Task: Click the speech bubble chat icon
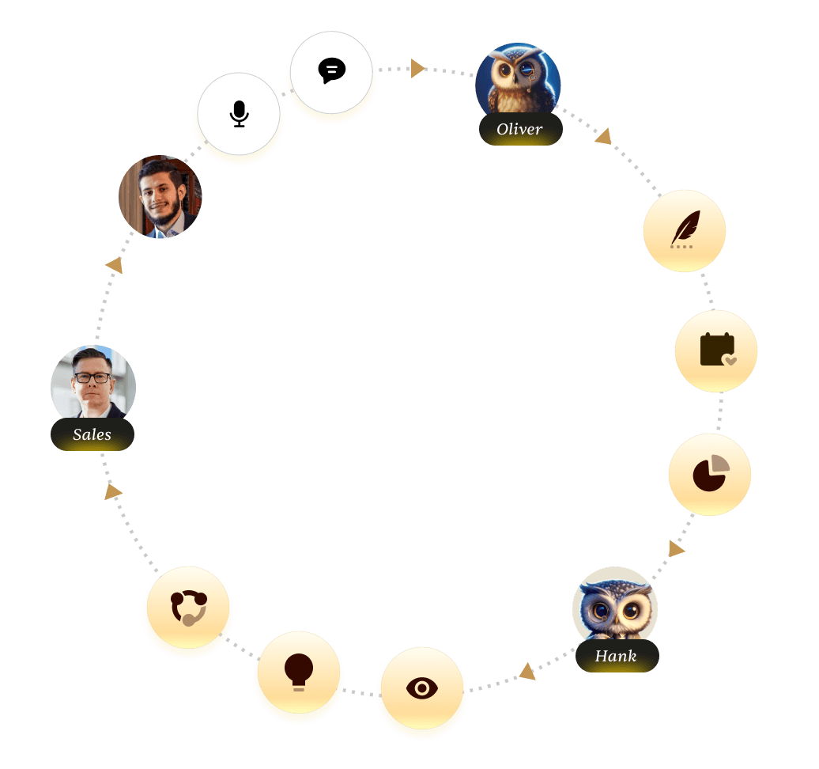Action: (332, 71)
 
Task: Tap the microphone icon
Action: (240, 114)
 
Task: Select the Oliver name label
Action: (520, 130)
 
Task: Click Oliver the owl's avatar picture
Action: (518, 81)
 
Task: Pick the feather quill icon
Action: (684, 230)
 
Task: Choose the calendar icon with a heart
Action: (716, 350)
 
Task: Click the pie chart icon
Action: (709, 474)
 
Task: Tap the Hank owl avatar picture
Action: (614, 605)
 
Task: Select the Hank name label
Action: (617, 657)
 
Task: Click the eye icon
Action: (421, 688)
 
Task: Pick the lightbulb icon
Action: (299, 672)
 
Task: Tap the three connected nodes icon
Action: (188, 608)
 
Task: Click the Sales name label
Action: (92, 434)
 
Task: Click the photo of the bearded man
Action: (160, 196)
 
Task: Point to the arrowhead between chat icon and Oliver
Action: (417, 69)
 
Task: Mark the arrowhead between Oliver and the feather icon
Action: (603, 137)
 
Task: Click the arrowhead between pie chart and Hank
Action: (676, 548)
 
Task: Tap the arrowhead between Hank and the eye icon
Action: (526, 672)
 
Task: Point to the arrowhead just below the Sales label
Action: (113, 492)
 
